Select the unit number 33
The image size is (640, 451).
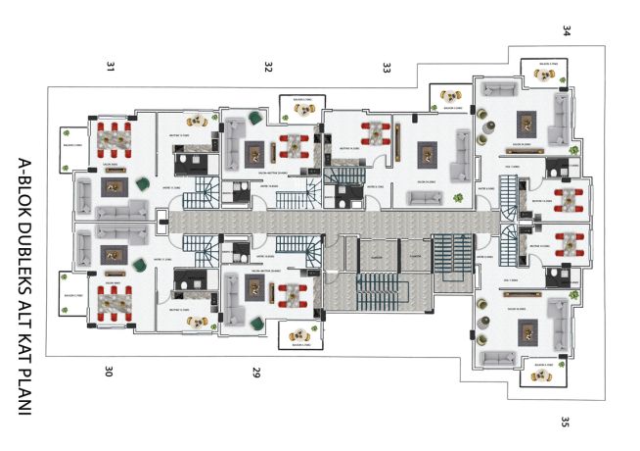387,68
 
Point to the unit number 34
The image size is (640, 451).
567,30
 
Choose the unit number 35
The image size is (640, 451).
566,423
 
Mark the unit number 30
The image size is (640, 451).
110,372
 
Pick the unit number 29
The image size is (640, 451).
256,373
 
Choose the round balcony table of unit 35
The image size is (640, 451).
546,373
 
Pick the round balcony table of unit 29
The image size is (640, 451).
299,333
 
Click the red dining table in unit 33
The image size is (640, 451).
375,134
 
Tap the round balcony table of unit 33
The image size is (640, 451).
453,94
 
